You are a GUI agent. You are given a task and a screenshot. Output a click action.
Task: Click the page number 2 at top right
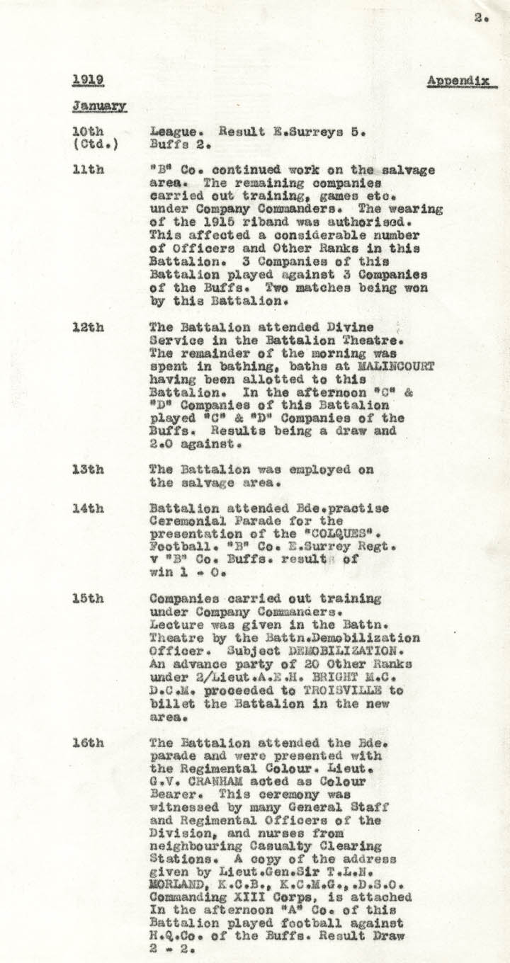coord(480,19)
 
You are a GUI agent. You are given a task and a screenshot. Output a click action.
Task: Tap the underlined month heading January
coord(99,106)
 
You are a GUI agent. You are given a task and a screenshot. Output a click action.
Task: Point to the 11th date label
coord(89,171)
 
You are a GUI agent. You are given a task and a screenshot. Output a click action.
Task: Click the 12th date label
coord(89,328)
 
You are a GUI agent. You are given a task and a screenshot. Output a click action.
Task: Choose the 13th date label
coord(89,469)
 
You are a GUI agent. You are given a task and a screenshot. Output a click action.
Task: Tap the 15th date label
coord(89,598)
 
